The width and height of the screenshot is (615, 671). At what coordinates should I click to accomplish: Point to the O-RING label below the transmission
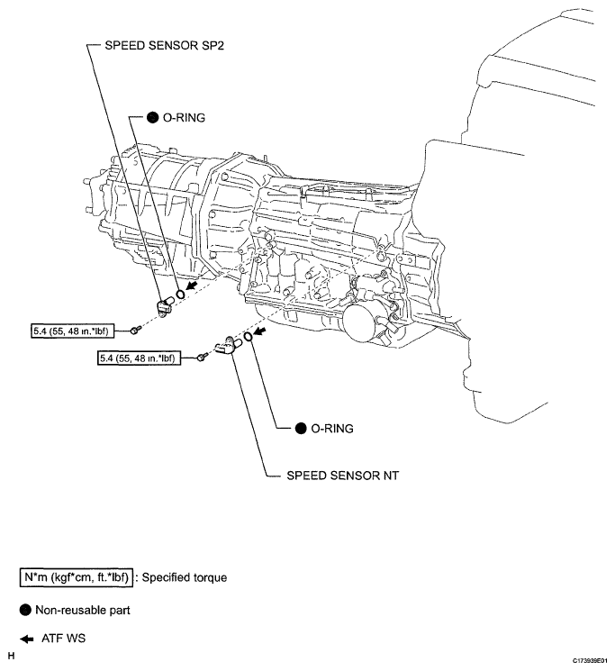[331, 430]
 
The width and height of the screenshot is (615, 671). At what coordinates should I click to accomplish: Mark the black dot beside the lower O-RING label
[300, 430]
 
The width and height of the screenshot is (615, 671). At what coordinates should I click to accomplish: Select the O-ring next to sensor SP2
[181, 292]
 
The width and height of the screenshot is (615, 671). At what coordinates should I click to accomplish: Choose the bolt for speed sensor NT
[202, 358]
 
